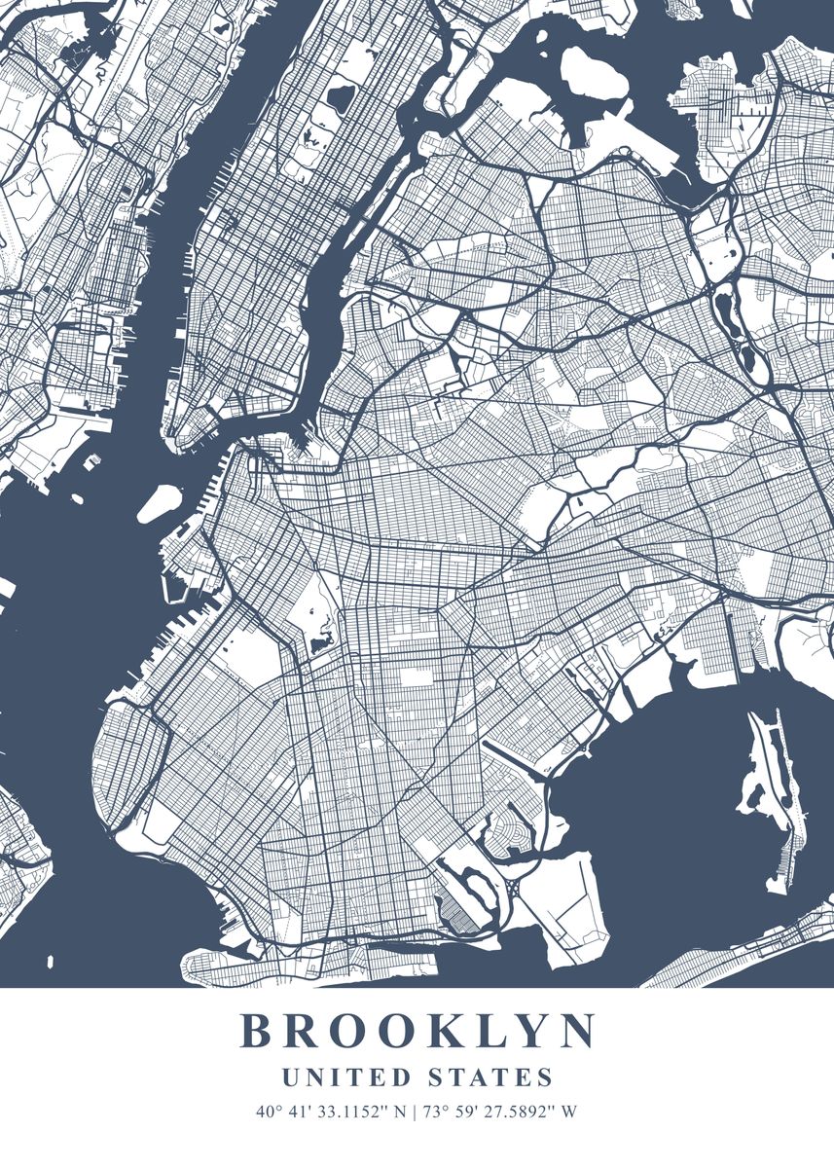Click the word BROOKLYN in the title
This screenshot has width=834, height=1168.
point(417,1032)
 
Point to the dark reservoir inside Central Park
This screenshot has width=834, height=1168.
point(340,97)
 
